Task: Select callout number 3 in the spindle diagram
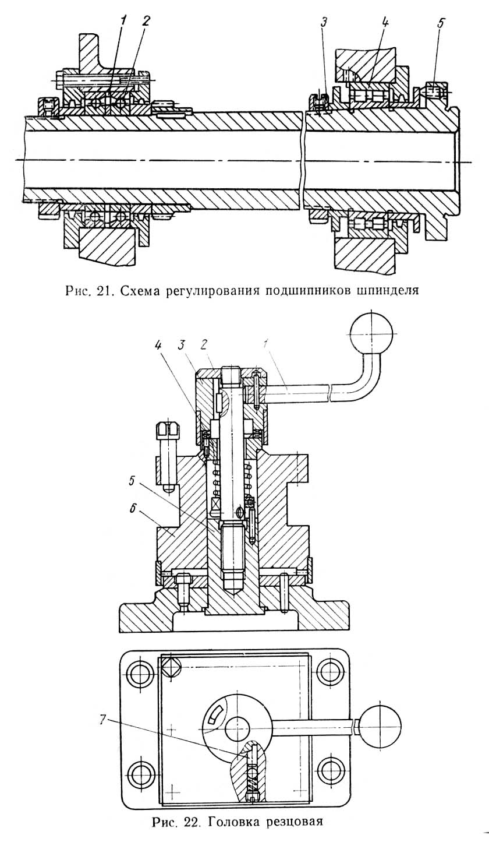[323, 23]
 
